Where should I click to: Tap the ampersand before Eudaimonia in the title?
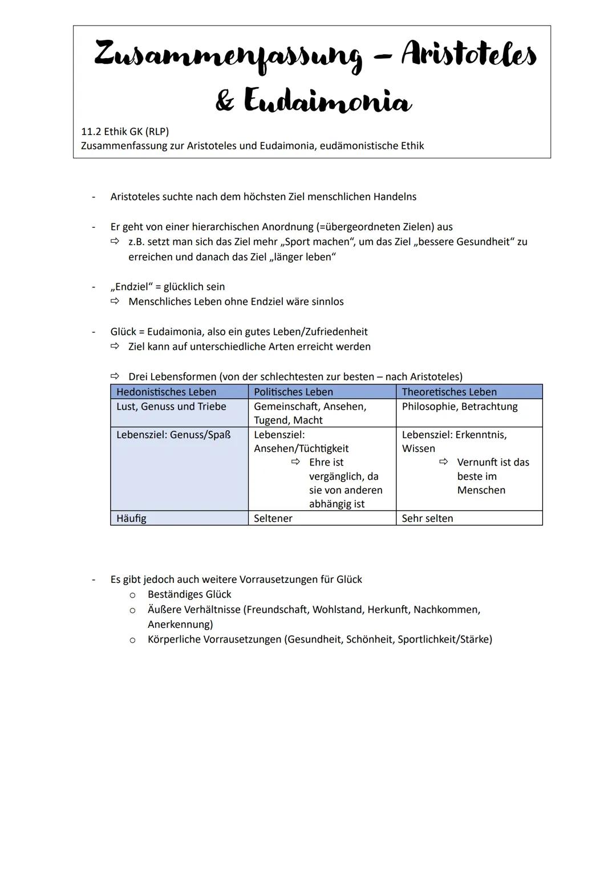click(225, 101)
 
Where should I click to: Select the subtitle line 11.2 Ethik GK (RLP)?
click(125, 132)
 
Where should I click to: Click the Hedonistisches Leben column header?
click(166, 392)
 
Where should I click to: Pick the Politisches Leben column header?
click(293, 392)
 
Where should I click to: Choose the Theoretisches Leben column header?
click(449, 392)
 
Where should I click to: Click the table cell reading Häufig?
click(131, 518)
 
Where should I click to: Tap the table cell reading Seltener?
click(273, 518)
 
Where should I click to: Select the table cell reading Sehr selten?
click(427, 518)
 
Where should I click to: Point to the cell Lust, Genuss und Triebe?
click(171, 407)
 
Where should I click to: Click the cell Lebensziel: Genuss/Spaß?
click(173, 435)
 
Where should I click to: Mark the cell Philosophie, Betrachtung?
click(460, 407)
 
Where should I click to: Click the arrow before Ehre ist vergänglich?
click(295, 462)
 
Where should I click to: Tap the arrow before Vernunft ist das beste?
click(443, 462)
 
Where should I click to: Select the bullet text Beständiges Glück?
click(189, 594)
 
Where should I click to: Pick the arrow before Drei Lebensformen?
click(115, 377)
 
